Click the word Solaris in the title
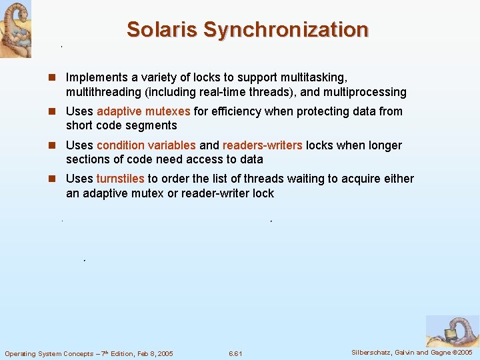(x=162, y=30)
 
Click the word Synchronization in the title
(x=286, y=30)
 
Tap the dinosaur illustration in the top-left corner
(x=15, y=29)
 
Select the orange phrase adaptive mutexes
(x=143, y=111)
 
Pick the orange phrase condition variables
(x=146, y=145)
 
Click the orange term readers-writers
(x=263, y=145)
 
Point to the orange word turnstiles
(x=120, y=179)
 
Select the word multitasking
(x=314, y=78)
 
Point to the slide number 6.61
(x=235, y=353)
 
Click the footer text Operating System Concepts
(x=49, y=353)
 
